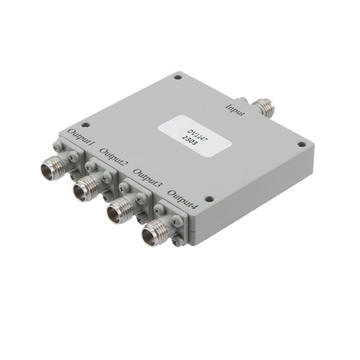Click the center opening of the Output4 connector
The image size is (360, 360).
pyautogui.click(x=152, y=233)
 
